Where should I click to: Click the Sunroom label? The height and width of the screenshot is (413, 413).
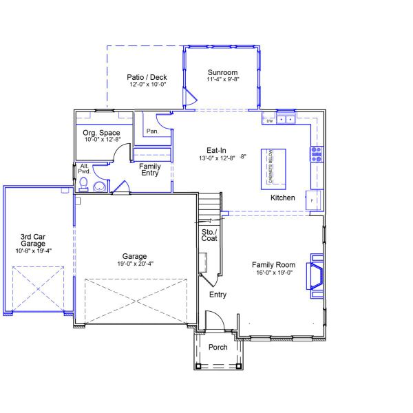pos(222,72)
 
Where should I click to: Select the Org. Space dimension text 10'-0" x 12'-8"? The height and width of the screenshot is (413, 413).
pos(102,140)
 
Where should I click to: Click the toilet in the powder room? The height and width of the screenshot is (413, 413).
pos(83,183)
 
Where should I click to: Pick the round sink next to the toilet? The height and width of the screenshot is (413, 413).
pos(100,187)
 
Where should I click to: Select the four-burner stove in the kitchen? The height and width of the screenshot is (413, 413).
pos(316,153)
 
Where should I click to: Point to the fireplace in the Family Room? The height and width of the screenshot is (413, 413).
pos(316,275)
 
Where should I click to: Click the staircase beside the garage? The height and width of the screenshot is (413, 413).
pos(209,206)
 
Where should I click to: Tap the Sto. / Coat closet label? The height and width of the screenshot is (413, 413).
pos(209,235)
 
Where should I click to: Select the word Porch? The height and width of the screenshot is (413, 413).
pos(218,347)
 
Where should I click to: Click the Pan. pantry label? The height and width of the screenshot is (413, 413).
pos(152,131)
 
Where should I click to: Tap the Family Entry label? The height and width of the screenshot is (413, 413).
pos(149,169)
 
